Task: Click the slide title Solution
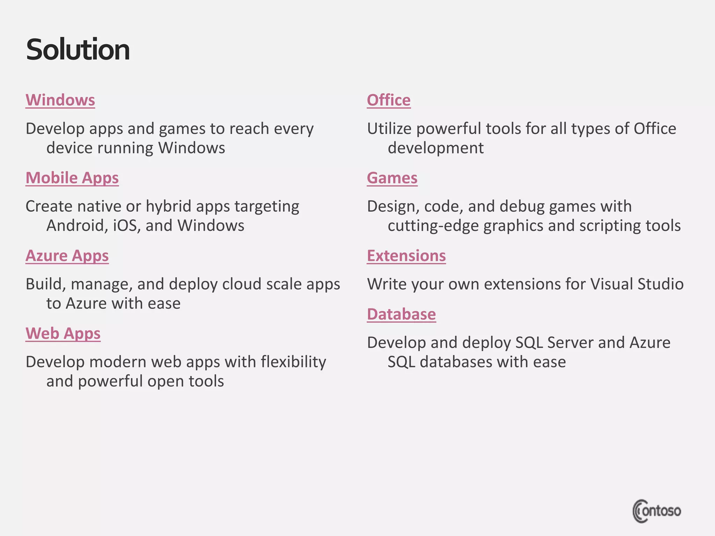78,50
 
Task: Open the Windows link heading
60,100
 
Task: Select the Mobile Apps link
72,178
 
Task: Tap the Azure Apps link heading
67,256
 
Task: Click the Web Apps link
63,334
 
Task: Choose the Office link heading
389,100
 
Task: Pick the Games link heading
392,178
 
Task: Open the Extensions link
406,256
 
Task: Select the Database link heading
401,314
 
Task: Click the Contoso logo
656,511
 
